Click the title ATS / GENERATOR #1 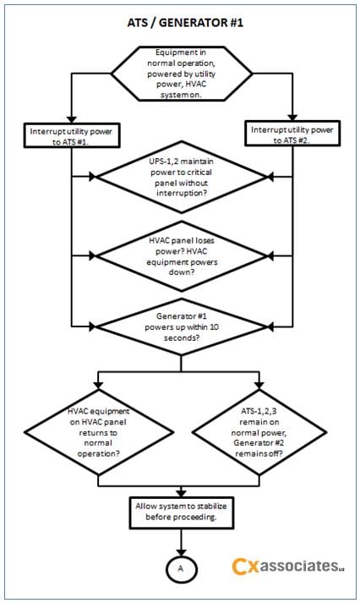(x=185, y=23)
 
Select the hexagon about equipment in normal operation (x=182, y=74)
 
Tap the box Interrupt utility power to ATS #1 (x=72, y=135)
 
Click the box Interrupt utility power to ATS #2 (x=292, y=134)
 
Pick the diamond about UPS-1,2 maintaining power (x=182, y=177)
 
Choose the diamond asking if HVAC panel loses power (x=182, y=256)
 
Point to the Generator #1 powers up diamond (x=182, y=327)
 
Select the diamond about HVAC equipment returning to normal (x=98, y=432)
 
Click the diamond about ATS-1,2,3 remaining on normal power (x=259, y=432)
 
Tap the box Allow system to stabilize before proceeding (x=181, y=513)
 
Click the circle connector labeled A (x=181, y=568)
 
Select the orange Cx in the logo (x=245, y=567)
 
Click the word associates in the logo (x=299, y=566)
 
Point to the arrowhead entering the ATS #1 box (x=72, y=119)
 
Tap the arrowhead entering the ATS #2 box (x=292, y=118)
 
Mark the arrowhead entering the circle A (x=181, y=552)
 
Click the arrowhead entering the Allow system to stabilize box (x=181, y=493)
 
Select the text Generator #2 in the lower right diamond (x=259, y=442)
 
